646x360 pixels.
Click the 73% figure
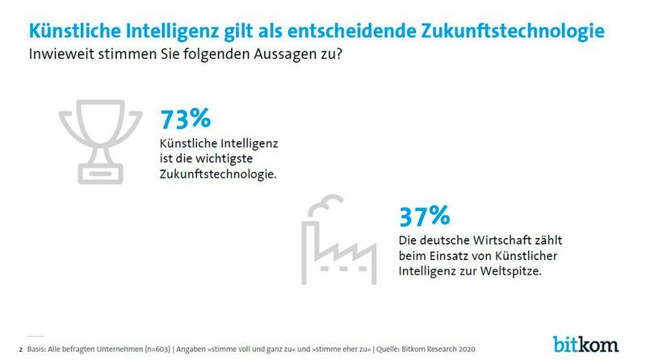(x=185, y=119)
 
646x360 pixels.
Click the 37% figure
(x=424, y=216)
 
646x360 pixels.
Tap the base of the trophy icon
(x=99, y=173)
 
